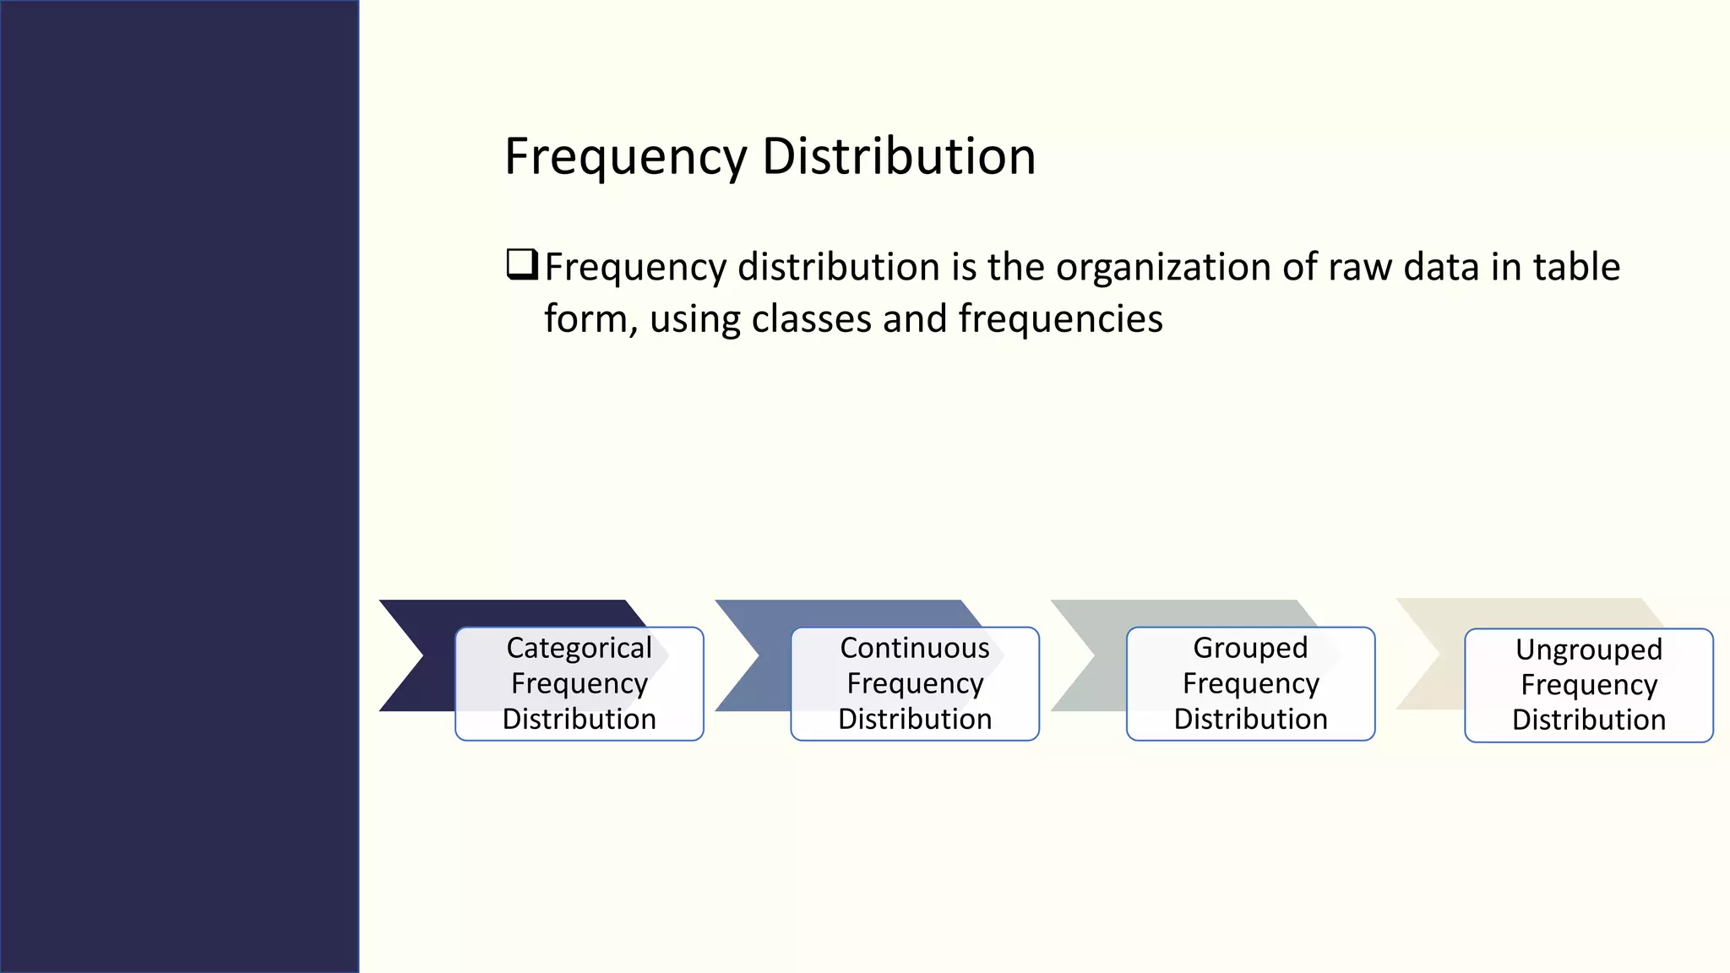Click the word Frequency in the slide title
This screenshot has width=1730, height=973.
pyautogui.click(x=625, y=157)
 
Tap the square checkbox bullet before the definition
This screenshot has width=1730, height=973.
pyautogui.click(x=521, y=264)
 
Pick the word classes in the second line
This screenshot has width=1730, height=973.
pyautogui.click(x=811, y=320)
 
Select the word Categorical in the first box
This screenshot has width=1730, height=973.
pyautogui.click(x=579, y=648)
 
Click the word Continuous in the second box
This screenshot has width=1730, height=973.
pyautogui.click(x=914, y=648)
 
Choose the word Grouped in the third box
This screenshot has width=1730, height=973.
pyautogui.click(x=1250, y=648)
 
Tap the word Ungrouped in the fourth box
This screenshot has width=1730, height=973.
pyautogui.click(x=1588, y=650)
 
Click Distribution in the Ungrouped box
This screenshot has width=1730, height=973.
pyautogui.click(x=1588, y=720)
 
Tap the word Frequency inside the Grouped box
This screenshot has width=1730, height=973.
pyautogui.click(x=1250, y=683)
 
